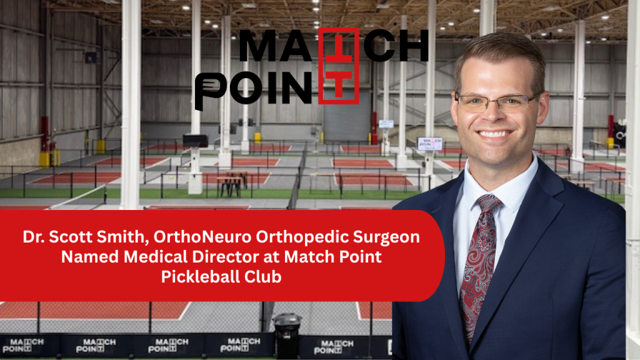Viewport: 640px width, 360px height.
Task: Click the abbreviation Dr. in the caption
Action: (34, 238)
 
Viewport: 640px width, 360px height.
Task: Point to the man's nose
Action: (495, 114)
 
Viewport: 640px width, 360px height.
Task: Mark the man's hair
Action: (494, 53)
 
